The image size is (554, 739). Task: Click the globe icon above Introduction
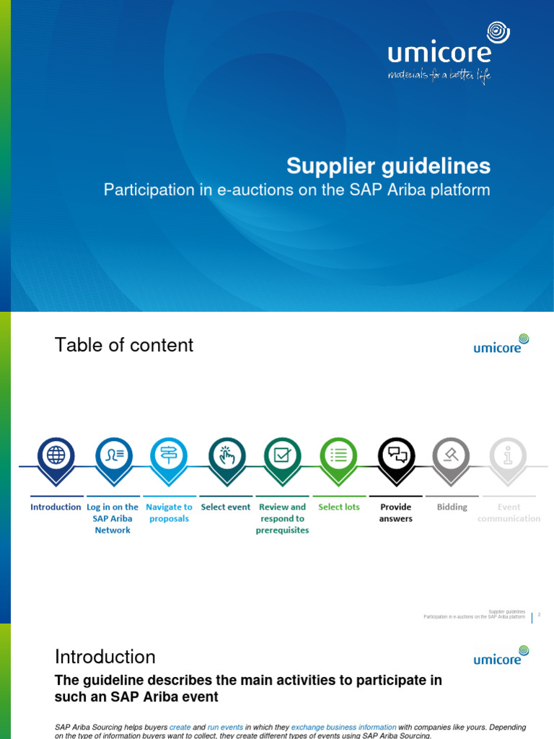point(56,455)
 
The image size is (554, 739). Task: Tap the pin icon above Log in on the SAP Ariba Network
point(114,455)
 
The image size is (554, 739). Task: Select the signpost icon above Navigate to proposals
point(169,455)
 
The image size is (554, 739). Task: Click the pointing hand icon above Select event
point(227,455)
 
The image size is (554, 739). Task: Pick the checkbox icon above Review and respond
point(282,455)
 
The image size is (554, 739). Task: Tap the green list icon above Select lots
point(339,455)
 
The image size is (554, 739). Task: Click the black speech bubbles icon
point(396,455)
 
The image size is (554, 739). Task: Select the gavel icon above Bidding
point(452,455)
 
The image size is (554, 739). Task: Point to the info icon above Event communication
point(509,455)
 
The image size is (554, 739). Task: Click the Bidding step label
point(452,507)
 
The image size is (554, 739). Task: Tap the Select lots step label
point(339,507)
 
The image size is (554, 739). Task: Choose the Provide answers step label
point(396,512)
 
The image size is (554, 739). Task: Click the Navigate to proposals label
point(169,512)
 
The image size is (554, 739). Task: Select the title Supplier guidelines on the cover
point(388,167)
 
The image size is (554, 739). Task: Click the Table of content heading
point(124,345)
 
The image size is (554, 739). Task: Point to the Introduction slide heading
point(105,657)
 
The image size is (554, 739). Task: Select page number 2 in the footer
point(539,615)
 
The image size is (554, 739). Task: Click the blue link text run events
point(225,727)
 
